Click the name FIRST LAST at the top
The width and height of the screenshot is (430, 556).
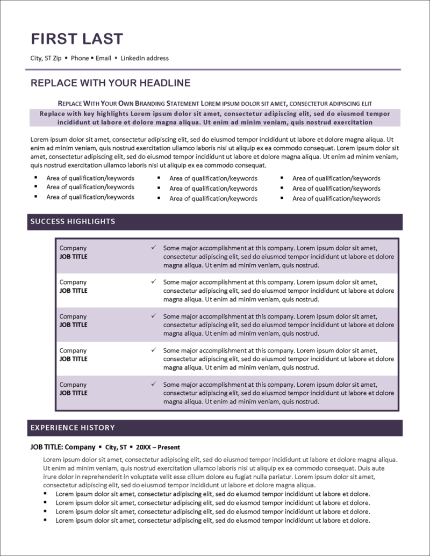77,39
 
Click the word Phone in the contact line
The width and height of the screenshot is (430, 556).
80,58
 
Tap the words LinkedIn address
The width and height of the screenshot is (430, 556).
145,58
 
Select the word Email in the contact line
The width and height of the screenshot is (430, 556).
103,58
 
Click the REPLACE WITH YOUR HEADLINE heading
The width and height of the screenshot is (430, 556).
110,83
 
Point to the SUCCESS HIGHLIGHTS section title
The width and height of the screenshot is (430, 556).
73,221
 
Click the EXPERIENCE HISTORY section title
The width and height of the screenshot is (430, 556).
73,428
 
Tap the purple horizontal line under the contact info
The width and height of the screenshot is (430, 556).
215,69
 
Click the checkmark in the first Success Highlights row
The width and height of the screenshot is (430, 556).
154,248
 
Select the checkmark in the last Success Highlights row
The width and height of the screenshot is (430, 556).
154,385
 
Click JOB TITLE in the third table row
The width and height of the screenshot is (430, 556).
73,324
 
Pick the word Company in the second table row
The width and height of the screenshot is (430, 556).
73,282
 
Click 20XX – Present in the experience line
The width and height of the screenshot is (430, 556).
158,447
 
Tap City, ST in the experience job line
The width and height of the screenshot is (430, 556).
116,447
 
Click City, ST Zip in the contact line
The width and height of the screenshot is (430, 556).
46,58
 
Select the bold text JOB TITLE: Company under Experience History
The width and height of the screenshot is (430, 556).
62,447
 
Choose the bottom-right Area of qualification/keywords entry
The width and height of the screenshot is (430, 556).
336,198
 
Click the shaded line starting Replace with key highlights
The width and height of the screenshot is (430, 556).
215,114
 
